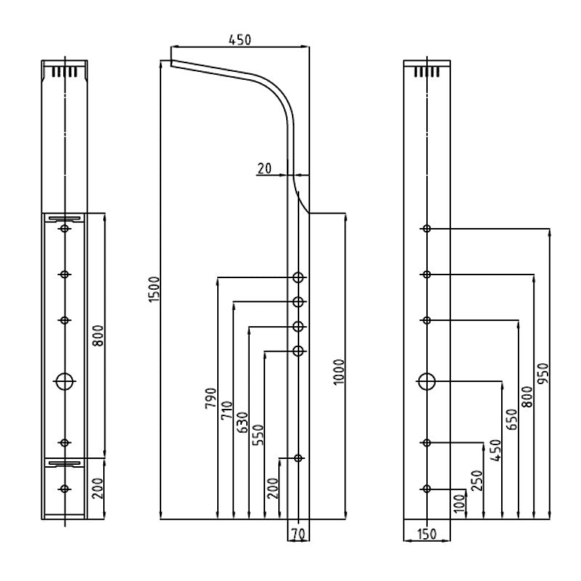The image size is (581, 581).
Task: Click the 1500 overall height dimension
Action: click(154, 290)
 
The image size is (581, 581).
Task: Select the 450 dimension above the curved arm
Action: click(240, 40)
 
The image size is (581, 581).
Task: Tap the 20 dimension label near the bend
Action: click(264, 168)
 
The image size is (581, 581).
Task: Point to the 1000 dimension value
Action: click(338, 372)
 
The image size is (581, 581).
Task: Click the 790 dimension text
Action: click(211, 400)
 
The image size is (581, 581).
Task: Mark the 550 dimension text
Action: click(258, 434)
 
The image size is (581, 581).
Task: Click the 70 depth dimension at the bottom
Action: click(296, 535)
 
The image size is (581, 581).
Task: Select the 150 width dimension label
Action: click(427, 535)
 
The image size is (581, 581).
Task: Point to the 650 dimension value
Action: click(511, 420)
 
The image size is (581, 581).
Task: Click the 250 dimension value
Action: click(477, 480)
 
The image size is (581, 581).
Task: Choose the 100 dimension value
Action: click(459, 503)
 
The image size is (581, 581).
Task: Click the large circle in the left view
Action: click(65, 380)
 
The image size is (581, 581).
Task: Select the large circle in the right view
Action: click(427, 380)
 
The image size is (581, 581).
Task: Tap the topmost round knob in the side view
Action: click(298, 277)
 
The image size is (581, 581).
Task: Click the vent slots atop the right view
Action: click(426, 71)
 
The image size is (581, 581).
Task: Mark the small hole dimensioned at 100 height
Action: click(427, 489)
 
